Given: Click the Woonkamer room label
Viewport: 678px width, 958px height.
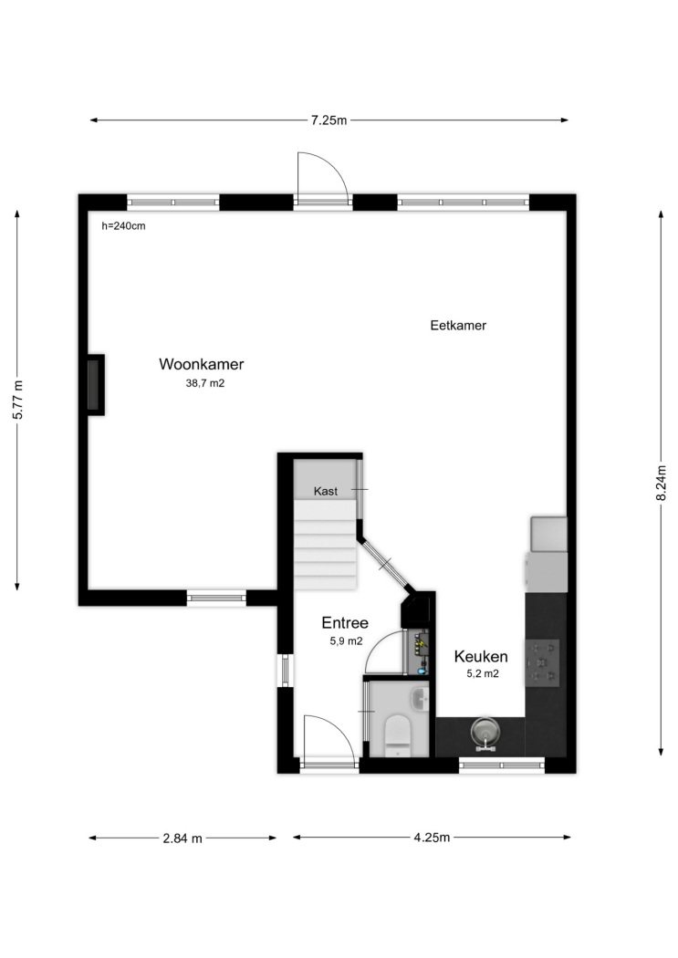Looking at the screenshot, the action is coord(202,364).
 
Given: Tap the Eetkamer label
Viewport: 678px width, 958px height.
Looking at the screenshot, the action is coord(458,326).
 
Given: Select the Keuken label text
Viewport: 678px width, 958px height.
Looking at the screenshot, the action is coord(481,657).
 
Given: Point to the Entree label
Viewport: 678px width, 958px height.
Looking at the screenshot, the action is coord(345,622).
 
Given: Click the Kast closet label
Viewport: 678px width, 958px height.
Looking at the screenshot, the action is coord(326,491).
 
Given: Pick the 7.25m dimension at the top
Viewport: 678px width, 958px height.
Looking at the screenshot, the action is coord(329,120).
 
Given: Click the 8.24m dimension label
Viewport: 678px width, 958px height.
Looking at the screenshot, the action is coord(661,483).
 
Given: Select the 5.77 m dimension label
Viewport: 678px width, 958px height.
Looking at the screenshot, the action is coord(17,400).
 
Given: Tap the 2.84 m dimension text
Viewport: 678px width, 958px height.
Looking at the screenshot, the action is coord(182,838).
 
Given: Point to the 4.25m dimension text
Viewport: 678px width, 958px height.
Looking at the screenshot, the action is coord(432,838).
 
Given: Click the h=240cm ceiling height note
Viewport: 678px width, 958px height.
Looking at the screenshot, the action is coord(123,226).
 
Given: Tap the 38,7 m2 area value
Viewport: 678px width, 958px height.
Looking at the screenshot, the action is coord(205,384).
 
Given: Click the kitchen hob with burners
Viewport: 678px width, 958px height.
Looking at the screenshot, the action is coord(542,662).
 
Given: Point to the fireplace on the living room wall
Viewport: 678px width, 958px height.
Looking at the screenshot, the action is coord(95,385).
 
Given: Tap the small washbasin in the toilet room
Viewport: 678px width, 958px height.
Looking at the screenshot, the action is coord(421,698).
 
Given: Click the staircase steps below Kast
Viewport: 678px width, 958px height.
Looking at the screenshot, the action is coord(325,545).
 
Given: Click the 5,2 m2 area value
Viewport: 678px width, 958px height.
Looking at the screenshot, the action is coord(483,674).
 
